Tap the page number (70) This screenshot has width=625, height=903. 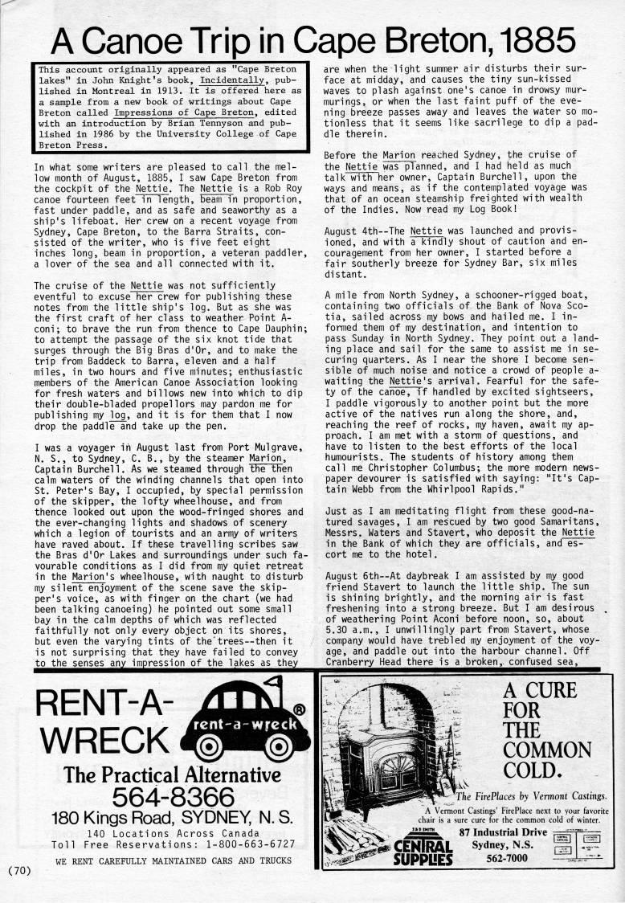(18, 869)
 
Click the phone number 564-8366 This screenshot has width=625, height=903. (173, 798)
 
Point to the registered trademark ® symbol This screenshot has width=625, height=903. (300, 709)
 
